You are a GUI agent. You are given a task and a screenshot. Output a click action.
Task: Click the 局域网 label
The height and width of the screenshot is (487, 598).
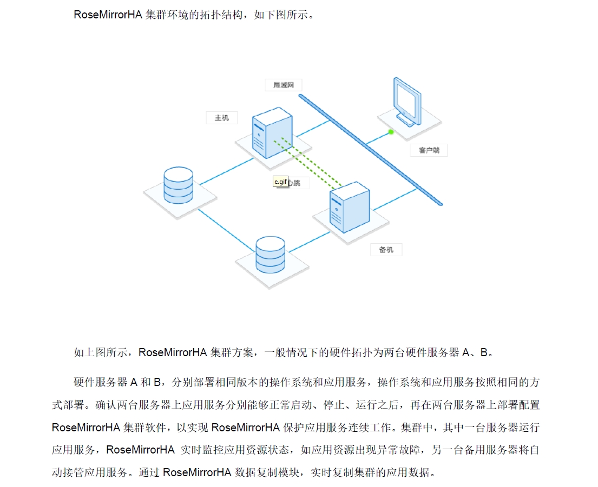(x=284, y=85)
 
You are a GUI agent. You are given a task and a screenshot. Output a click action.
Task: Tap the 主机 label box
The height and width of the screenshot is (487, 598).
(x=222, y=117)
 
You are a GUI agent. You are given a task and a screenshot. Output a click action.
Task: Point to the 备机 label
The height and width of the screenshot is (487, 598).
(x=386, y=250)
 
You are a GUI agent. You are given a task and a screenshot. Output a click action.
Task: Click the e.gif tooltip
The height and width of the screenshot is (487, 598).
(x=280, y=182)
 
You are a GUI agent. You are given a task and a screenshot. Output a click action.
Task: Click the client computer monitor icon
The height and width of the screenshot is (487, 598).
(x=408, y=101)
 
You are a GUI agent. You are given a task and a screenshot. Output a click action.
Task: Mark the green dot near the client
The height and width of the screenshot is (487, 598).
(x=391, y=131)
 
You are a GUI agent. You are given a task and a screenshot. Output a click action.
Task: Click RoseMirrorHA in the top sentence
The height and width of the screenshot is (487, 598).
(x=108, y=15)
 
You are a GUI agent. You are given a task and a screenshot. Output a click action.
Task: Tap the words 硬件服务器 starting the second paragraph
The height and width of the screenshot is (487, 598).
(x=100, y=382)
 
